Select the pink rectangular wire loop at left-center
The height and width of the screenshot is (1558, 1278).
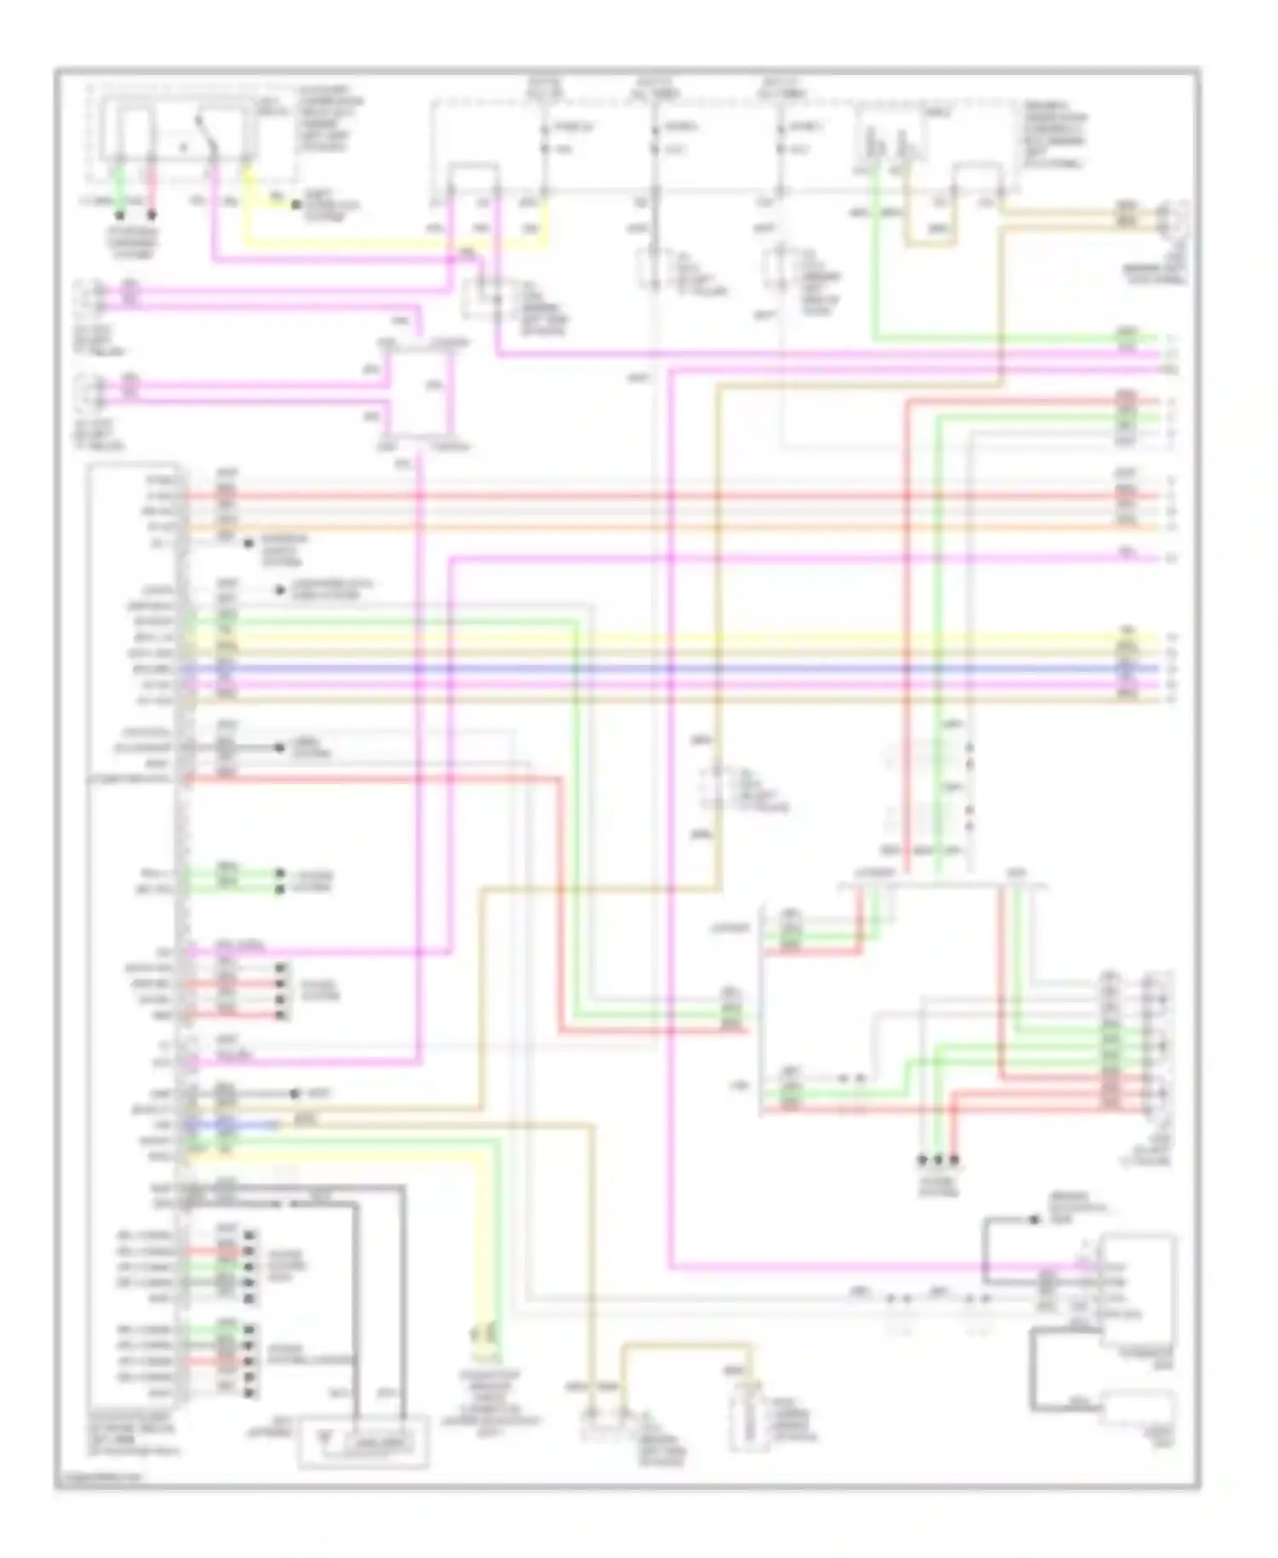421,395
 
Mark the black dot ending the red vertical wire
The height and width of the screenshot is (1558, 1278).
954,1160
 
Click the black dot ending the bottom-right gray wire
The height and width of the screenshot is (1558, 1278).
1033,1220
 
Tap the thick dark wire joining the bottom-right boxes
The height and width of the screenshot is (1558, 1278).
1033,1372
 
